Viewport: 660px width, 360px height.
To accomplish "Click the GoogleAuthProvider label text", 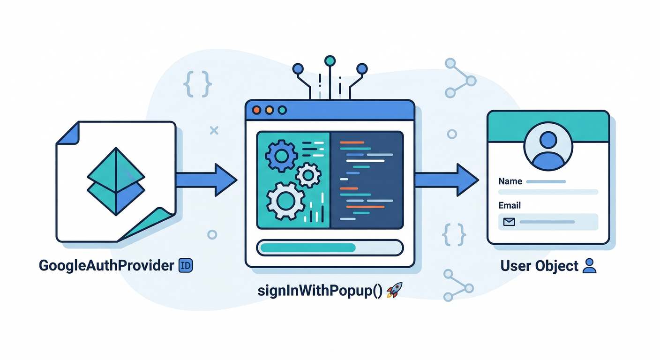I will tap(106, 266).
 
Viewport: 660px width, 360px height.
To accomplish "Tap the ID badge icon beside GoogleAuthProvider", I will tap(186, 266).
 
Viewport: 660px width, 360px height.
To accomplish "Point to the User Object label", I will tap(539, 266).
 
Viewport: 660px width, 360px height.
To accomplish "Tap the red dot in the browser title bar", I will tap(256, 110).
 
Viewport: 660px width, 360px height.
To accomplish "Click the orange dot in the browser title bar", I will tap(269, 110).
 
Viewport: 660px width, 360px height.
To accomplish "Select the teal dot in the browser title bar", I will tap(282, 110).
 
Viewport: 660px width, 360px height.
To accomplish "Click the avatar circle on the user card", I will tap(548, 147).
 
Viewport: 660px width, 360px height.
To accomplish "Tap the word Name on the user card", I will tap(510, 181).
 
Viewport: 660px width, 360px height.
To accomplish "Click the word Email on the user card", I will tap(510, 205).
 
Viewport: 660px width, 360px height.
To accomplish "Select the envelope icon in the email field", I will tap(509, 222).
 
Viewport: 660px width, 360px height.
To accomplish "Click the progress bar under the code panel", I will tap(330, 247).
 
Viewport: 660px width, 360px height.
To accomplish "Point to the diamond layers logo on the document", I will tap(116, 181).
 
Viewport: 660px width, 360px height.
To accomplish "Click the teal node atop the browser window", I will tap(330, 60).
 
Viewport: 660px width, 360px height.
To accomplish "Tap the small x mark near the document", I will tap(214, 130).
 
